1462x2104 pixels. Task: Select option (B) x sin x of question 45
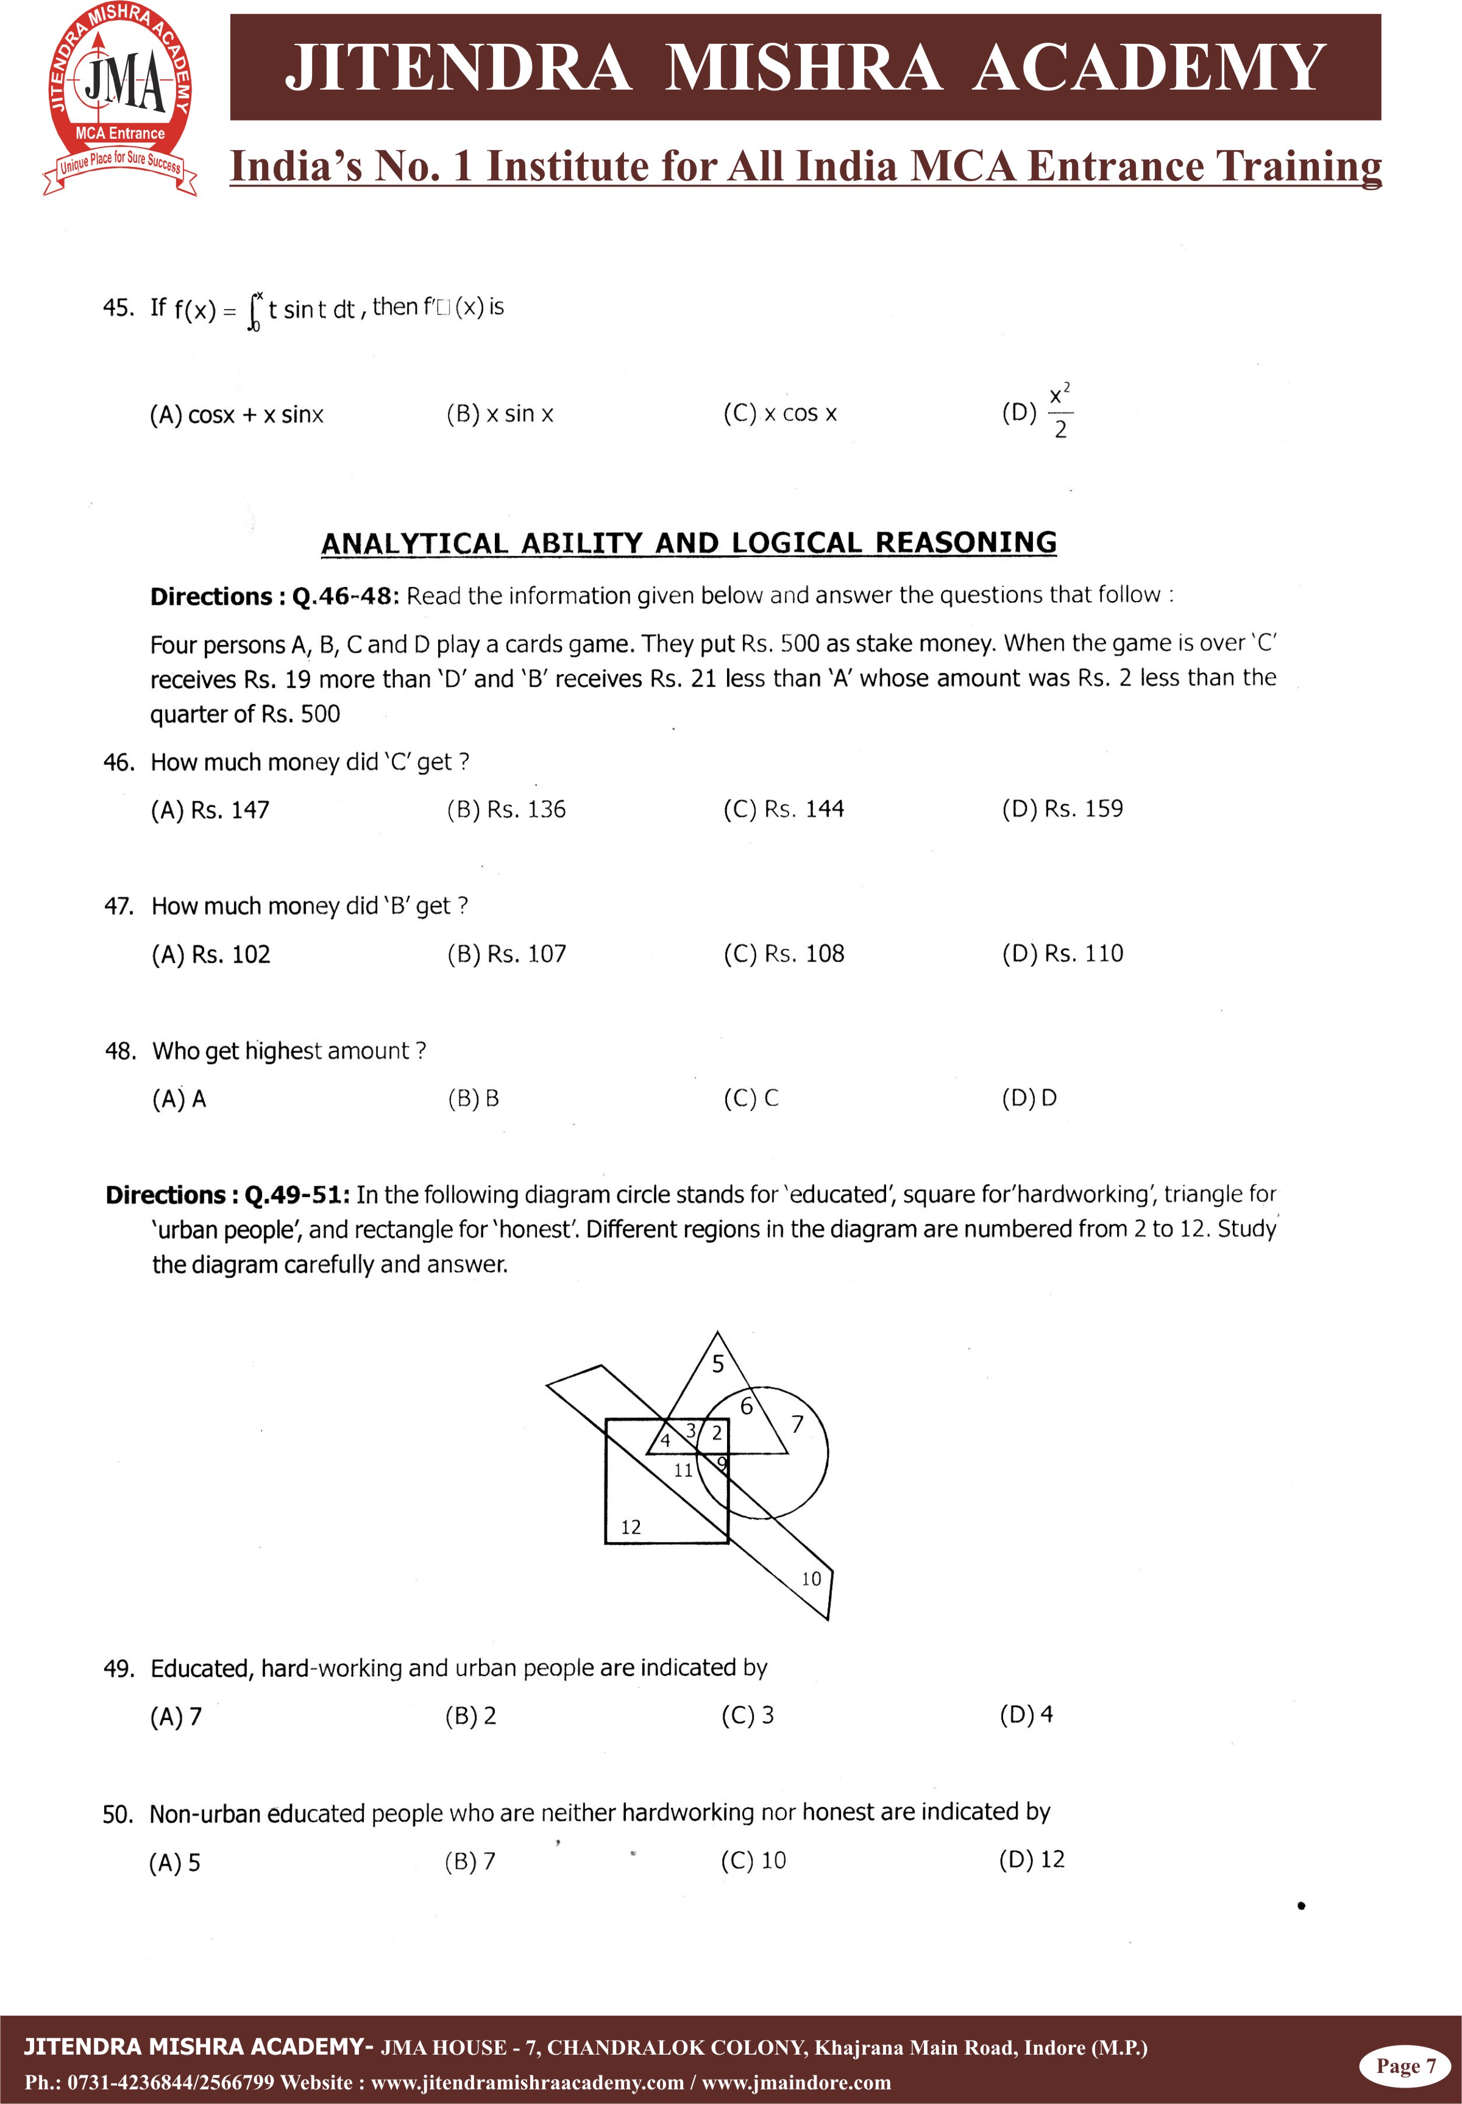(499, 414)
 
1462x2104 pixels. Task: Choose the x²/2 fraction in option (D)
(1060, 412)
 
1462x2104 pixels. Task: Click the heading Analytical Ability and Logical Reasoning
(688, 543)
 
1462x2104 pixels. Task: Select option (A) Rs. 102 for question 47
(211, 954)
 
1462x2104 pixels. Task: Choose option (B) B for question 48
(473, 1098)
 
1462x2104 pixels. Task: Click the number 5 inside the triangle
(718, 1364)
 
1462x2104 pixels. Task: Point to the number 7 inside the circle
(797, 1424)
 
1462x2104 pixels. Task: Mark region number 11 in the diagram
(683, 1470)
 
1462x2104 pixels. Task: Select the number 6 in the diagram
(747, 1407)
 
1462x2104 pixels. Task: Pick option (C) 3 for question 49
(748, 1715)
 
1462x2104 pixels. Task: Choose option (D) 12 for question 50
(1032, 1860)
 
